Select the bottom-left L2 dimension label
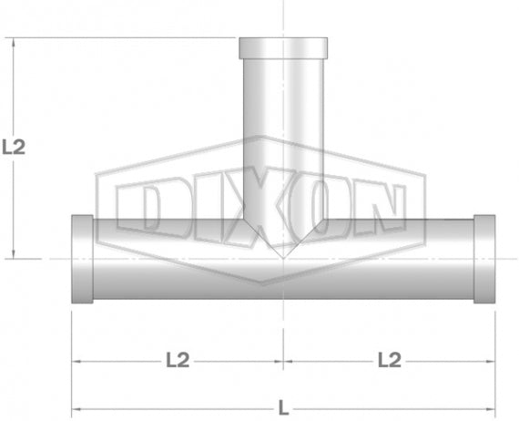(x=178, y=360)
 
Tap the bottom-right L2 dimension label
(x=389, y=360)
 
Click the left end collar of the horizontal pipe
(x=82, y=260)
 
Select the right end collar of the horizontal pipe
(x=483, y=260)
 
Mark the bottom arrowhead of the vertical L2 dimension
(x=14, y=255)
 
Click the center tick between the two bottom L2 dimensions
(x=283, y=361)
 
